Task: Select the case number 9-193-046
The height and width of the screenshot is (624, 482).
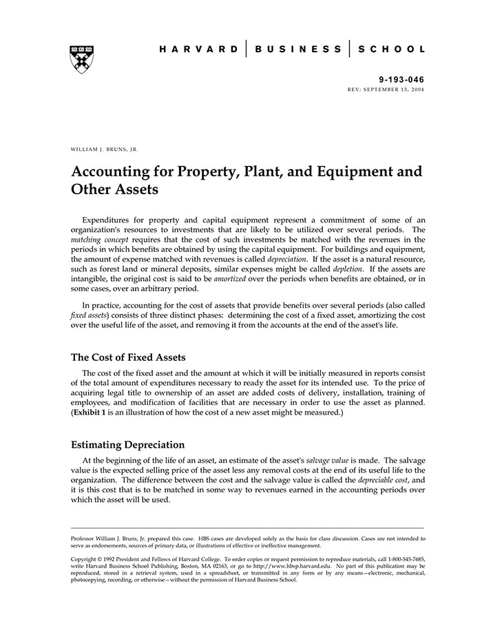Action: click(401, 81)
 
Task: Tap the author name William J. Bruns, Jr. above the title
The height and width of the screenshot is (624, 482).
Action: click(105, 148)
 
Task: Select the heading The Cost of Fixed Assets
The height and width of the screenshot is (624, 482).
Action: click(128, 357)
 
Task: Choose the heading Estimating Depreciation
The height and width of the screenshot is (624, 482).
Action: click(127, 445)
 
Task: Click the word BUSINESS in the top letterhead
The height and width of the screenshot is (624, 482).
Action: click(297, 50)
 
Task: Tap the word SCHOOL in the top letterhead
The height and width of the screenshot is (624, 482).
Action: click(390, 50)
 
